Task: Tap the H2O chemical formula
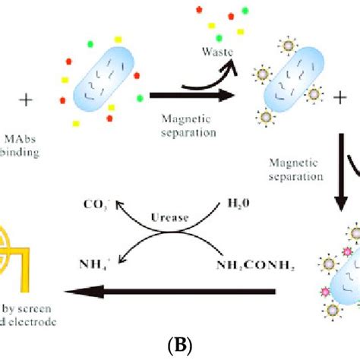pos(239,206)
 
